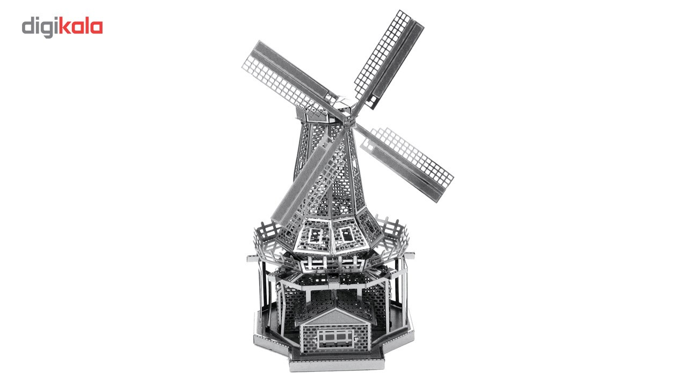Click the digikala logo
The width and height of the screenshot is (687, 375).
[x=62, y=27]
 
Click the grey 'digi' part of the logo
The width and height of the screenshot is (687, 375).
[x=40, y=27]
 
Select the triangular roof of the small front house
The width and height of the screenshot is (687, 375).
[x=336, y=316]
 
